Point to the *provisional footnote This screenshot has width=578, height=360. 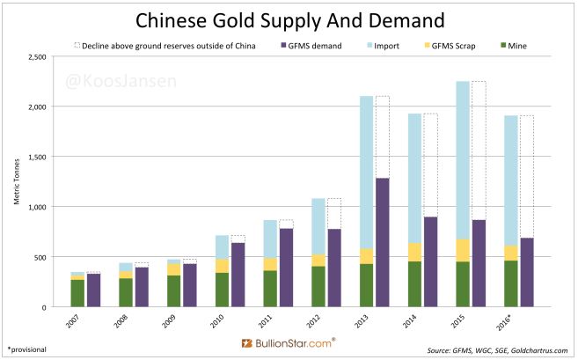(26, 349)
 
